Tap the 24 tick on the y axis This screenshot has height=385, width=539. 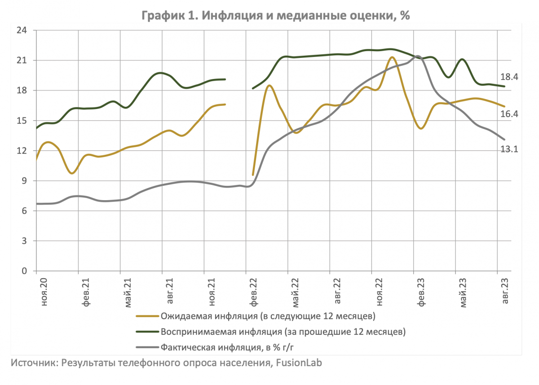pyautogui.click(x=22, y=31)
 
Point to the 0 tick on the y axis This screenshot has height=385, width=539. pyautogui.click(x=24, y=271)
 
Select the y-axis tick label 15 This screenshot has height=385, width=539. pyautogui.click(x=22, y=121)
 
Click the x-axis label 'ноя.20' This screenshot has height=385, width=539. pyautogui.click(x=44, y=292)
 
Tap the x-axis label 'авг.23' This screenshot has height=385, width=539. pyautogui.click(x=505, y=292)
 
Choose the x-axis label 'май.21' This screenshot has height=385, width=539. pyautogui.click(x=128, y=292)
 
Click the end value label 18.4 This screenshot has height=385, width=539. pyautogui.click(x=510, y=77)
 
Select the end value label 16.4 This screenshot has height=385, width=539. pyautogui.click(x=510, y=114)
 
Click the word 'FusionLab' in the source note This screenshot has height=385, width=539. pyautogui.click(x=299, y=363)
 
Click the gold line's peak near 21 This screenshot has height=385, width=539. pyautogui.click(x=392, y=57)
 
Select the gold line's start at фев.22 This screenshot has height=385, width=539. pyautogui.click(x=253, y=175)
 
